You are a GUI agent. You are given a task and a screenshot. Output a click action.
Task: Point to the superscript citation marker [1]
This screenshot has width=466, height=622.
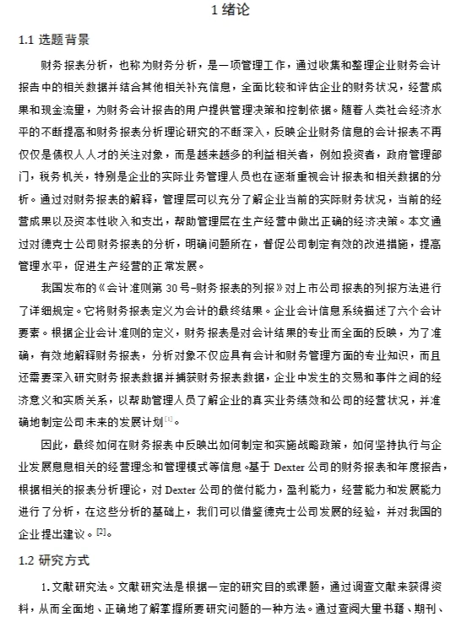169,419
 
